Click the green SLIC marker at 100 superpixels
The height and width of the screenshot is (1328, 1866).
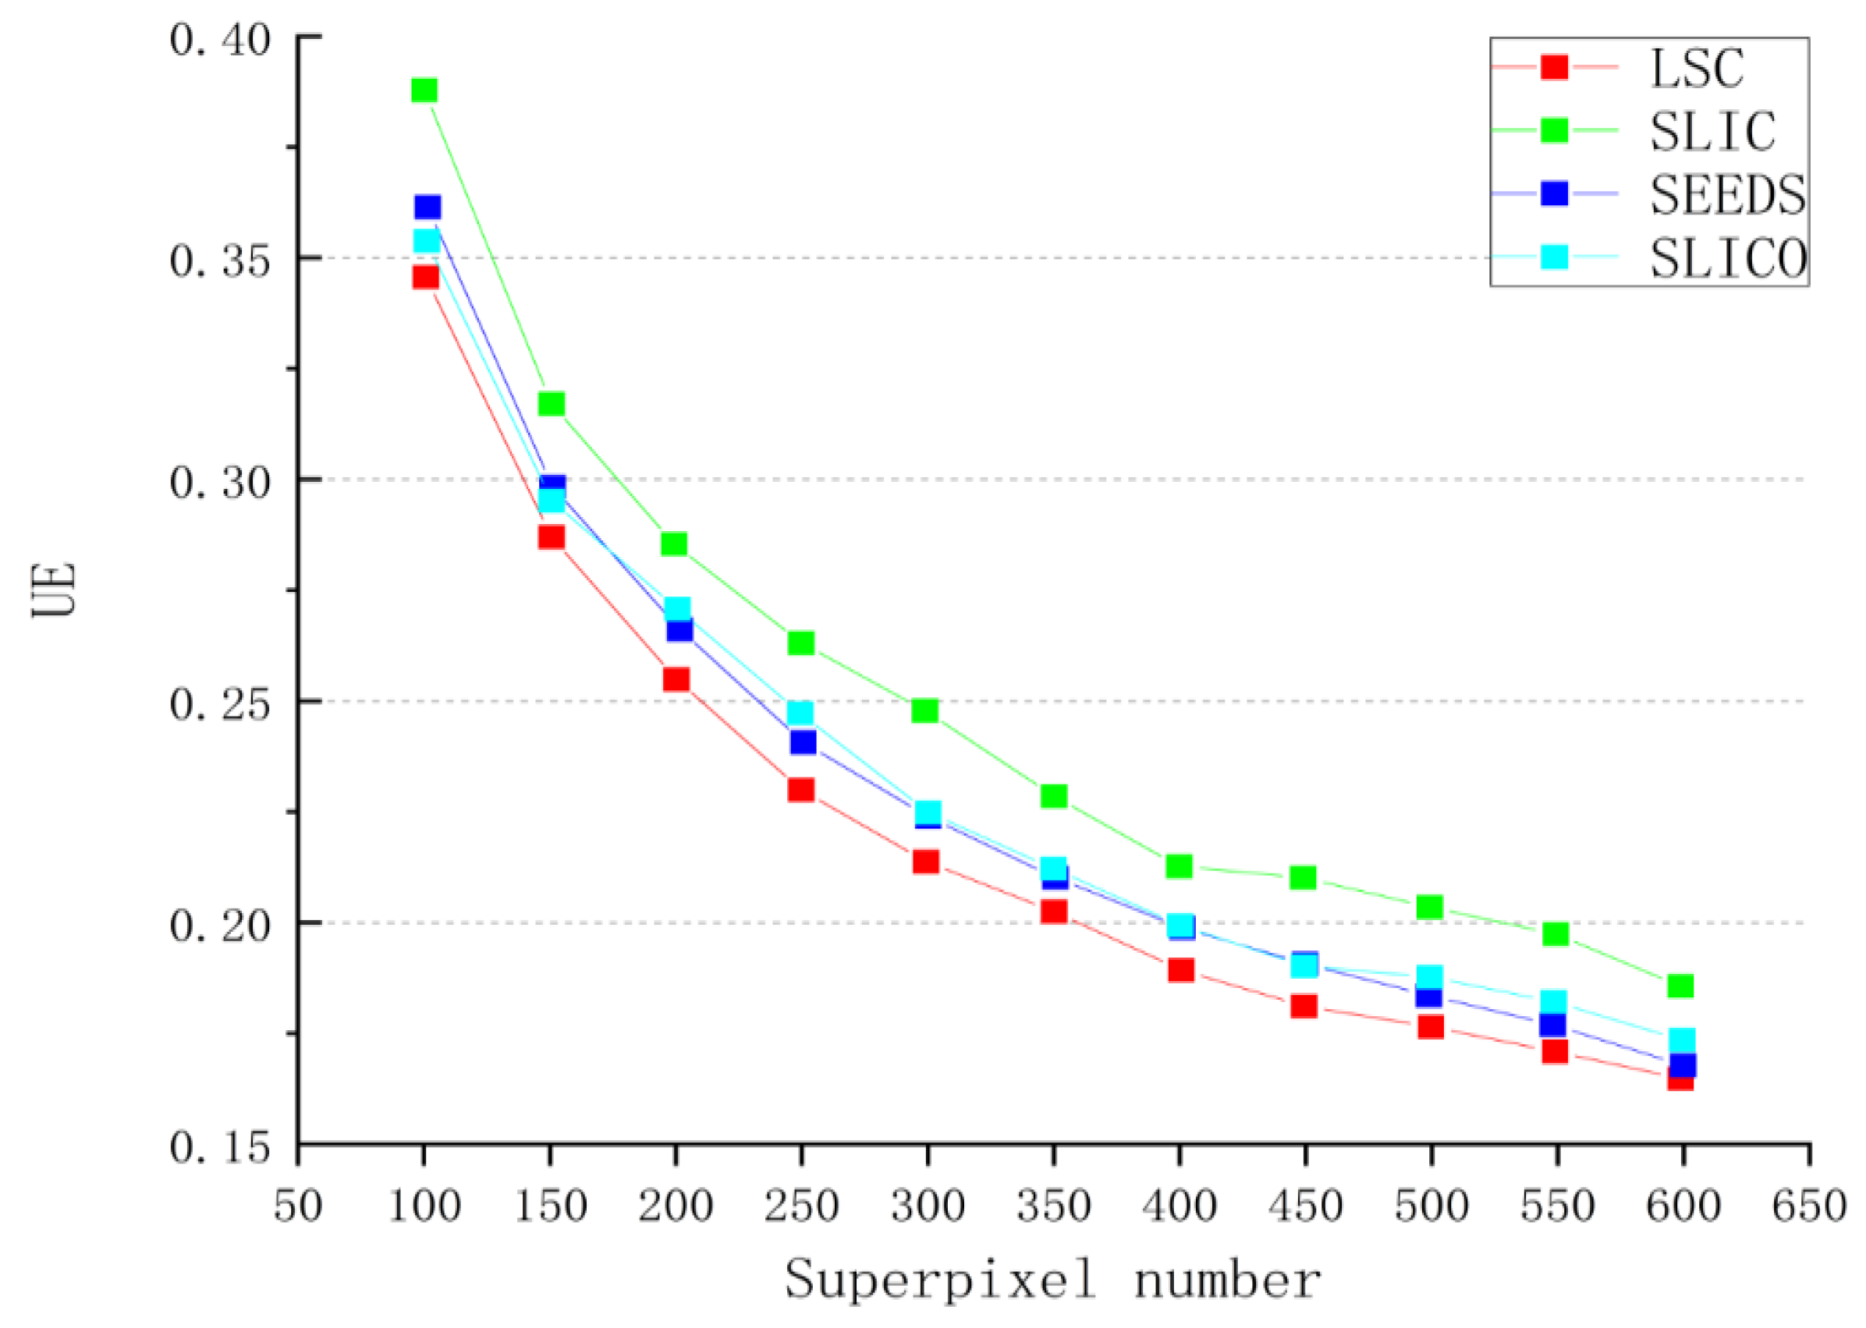coord(424,90)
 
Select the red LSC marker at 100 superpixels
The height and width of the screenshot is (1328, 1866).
coord(425,277)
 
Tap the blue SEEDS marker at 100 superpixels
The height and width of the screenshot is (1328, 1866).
coord(427,207)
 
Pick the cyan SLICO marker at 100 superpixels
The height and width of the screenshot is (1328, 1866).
coord(426,241)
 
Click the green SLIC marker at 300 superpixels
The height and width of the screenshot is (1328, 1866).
coord(925,710)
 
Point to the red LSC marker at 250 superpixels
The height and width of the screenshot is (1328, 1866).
coord(801,790)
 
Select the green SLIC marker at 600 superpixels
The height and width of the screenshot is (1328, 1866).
coord(1680,986)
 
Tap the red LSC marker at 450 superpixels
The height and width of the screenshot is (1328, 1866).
coord(1304,1006)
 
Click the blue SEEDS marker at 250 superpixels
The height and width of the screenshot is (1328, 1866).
coord(803,742)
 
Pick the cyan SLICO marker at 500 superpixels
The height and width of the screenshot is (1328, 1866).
coord(1429,976)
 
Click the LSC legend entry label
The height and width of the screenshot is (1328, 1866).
coord(1697,68)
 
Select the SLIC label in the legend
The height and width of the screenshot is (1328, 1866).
coord(1712,131)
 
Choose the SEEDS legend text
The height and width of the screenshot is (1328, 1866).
coord(1727,195)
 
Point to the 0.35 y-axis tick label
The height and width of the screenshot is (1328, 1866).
coord(220,261)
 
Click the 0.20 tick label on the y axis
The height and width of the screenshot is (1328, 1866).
coord(220,926)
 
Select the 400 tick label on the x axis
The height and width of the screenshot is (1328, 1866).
coord(1179,1206)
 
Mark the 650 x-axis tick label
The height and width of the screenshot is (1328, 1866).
coord(1809,1206)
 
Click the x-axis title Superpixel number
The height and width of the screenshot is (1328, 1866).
coord(1053,1280)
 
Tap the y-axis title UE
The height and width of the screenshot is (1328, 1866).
coord(55,590)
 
